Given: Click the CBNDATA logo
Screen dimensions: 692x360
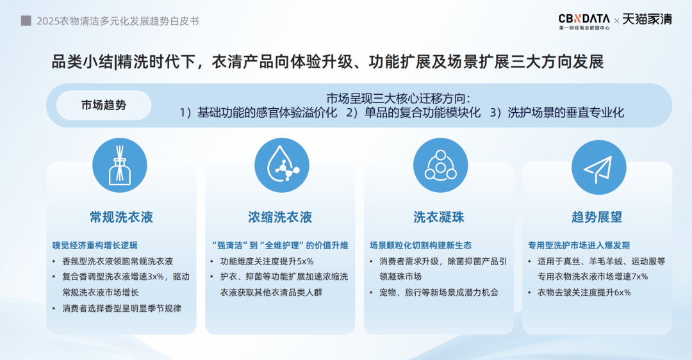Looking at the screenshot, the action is pos(584,21).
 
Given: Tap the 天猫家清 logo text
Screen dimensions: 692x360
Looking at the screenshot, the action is pos(647,19).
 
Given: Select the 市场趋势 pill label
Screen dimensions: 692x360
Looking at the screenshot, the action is pos(104,105).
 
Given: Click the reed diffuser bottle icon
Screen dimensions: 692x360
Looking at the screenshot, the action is pos(120,165).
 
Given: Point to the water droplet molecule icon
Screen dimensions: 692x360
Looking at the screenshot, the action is pos(281,165).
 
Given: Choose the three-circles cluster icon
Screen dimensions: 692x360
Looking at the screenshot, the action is pos(440,165).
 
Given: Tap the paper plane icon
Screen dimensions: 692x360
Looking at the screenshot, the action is pos(599,167).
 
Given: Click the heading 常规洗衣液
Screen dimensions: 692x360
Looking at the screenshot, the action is pos(121,217).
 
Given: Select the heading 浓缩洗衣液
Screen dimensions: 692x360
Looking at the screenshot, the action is pos(280,217).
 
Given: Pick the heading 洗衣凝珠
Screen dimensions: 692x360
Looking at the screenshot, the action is pos(439,217).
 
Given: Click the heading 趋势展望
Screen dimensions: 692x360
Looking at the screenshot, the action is pos(597,217).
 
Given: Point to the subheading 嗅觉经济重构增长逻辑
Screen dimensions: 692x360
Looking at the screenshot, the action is pos(95,245).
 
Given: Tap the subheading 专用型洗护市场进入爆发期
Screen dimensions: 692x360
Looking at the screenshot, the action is pos(579,245).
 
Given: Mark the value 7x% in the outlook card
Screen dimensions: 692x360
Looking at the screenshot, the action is pos(640,277).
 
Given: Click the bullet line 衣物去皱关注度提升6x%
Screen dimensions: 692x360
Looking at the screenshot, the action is pos(584,293).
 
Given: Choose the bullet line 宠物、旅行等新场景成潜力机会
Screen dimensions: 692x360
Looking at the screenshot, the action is pos(439,293).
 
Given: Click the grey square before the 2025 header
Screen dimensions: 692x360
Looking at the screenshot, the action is pos(26,20).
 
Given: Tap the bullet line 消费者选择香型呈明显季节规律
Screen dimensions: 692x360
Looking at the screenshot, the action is pos(122,308).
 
